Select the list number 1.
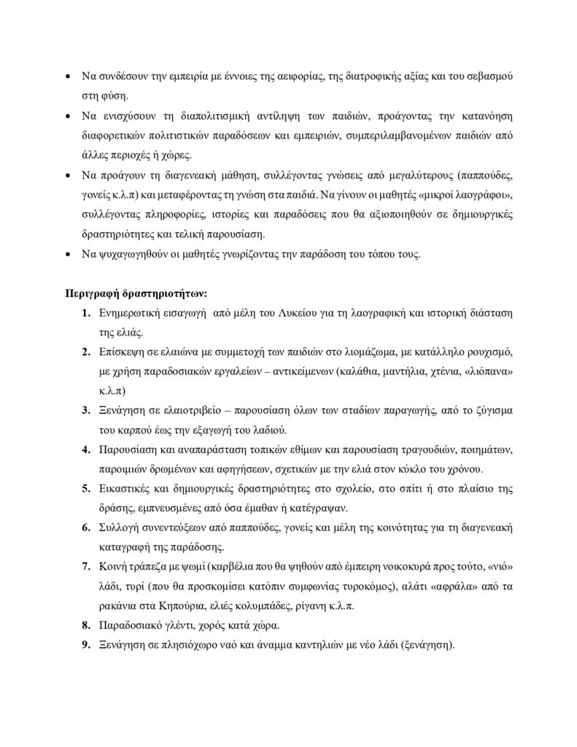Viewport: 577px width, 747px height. (85, 314)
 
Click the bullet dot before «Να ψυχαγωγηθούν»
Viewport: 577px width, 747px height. (67, 255)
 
